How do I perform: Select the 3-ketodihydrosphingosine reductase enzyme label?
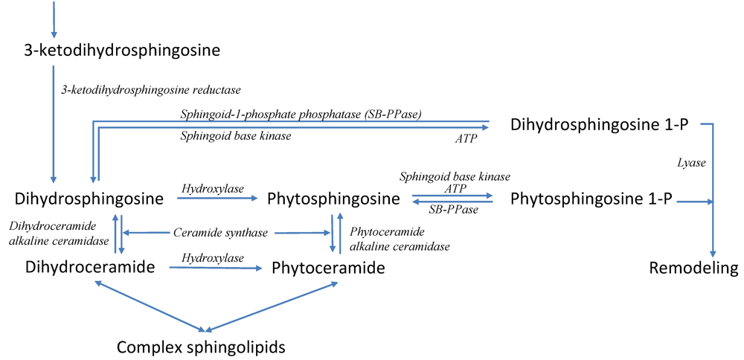pyautogui.click(x=151, y=90)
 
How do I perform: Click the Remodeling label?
pyautogui.click(x=693, y=268)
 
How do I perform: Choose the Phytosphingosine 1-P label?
pyautogui.click(x=592, y=199)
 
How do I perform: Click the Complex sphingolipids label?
pyautogui.click(x=201, y=347)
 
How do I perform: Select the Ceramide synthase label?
pyautogui.click(x=220, y=233)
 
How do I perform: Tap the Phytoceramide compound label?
pyautogui.click(x=328, y=268)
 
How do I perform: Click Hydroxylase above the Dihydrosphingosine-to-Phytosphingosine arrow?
pyautogui.click(x=212, y=190)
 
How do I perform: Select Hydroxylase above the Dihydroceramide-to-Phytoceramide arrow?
pyautogui.click(x=212, y=257)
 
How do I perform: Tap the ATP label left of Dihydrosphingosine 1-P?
pyautogui.click(x=466, y=138)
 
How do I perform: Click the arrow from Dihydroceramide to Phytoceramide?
pyautogui.click(x=216, y=267)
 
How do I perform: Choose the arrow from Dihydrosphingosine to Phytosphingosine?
pyautogui.click(x=219, y=199)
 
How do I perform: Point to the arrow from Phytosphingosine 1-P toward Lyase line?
pyautogui.click(x=695, y=201)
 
